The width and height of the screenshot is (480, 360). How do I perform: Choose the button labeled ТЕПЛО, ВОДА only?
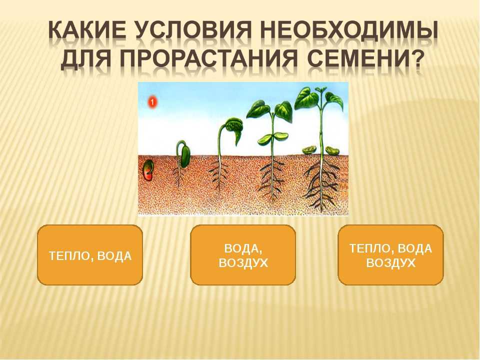click(x=90, y=255)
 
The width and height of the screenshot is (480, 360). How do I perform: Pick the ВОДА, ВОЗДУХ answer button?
click(x=243, y=255)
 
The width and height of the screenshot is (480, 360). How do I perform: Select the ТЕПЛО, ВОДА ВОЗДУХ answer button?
click(x=390, y=255)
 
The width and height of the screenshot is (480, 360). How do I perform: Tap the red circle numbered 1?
click(x=152, y=102)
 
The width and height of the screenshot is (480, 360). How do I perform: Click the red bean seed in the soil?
click(x=148, y=170)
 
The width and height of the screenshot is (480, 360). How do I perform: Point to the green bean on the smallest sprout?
click(x=184, y=156)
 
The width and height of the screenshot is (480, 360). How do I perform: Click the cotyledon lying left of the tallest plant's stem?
click(x=309, y=149)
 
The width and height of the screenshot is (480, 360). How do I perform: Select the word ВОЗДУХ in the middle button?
click(x=243, y=262)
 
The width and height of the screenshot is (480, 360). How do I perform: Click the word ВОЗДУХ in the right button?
click(x=390, y=262)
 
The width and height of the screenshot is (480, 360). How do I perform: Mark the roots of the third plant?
click(x=272, y=180)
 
